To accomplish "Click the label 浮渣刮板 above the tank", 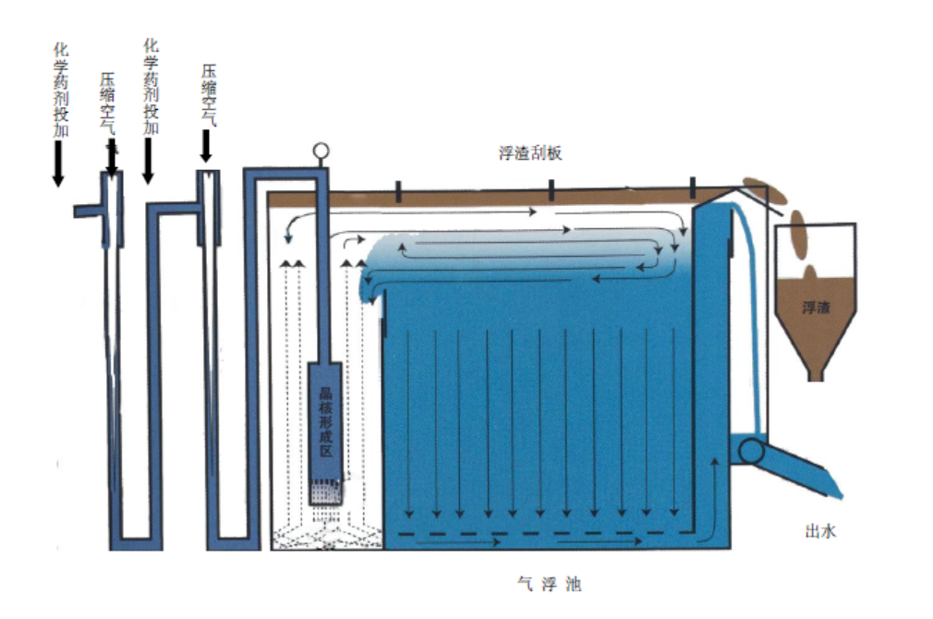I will click(x=529, y=154).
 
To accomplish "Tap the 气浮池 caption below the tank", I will click(x=550, y=584).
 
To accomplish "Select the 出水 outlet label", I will click(x=820, y=530).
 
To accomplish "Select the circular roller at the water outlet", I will click(x=750, y=451).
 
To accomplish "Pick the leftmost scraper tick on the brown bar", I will click(x=397, y=191).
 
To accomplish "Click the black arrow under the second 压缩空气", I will click(x=206, y=145).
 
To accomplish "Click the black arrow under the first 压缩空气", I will click(x=112, y=158).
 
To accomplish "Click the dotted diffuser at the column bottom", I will click(x=324, y=495).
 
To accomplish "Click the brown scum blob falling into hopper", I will click(x=797, y=238).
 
